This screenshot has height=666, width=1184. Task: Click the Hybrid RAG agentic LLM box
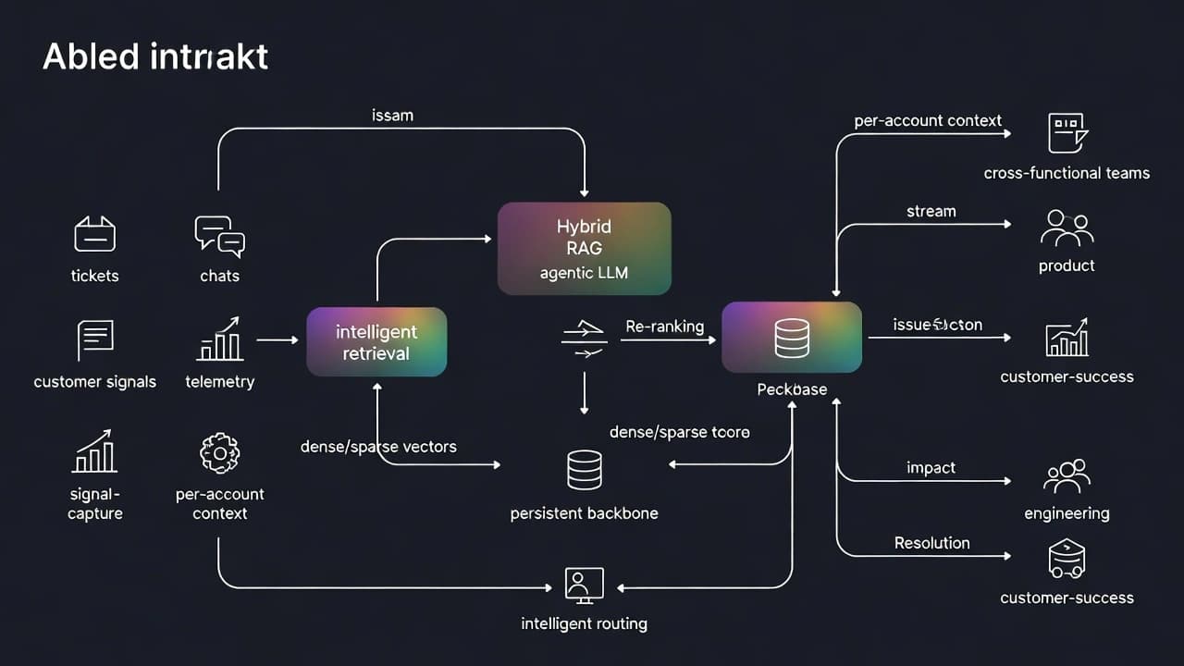click(584, 248)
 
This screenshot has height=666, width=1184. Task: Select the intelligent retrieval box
click(376, 342)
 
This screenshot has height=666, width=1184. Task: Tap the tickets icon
click(94, 234)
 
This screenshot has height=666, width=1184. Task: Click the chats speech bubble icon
click(219, 236)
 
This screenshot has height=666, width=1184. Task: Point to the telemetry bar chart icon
click(220, 339)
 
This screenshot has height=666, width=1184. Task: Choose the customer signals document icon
click(94, 339)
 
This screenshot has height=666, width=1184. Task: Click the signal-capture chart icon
click(94, 451)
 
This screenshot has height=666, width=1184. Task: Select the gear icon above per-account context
click(220, 452)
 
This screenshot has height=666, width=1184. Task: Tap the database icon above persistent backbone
click(584, 470)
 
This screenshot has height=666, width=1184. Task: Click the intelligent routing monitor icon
click(584, 585)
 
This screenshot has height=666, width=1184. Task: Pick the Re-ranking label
click(664, 327)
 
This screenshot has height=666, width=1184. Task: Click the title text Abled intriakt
click(155, 57)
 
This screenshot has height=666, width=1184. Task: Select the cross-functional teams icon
click(1067, 133)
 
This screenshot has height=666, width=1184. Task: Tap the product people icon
click(1067, 228)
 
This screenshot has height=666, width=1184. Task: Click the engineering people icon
click(1067, 476)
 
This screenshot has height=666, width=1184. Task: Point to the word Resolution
click(931, 543)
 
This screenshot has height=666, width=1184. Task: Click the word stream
click(931, 212)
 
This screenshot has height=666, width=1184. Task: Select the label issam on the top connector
click(392, 116)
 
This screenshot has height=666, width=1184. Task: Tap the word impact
click(931, 468)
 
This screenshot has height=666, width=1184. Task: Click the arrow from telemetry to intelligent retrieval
click(277, 340)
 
